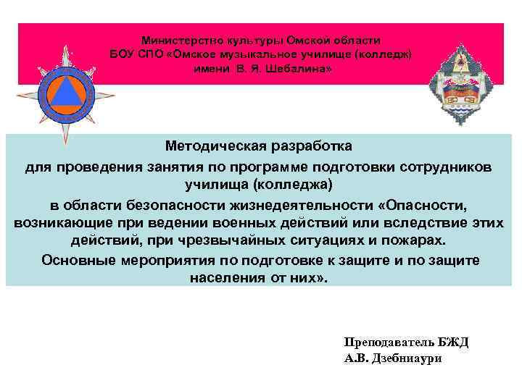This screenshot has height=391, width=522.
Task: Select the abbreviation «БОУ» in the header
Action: coord(123,55)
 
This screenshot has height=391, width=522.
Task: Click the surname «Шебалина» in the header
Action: coord(303,69)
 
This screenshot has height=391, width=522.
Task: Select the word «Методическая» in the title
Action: coord(211,147)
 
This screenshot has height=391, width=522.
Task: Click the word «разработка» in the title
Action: coord(313,147)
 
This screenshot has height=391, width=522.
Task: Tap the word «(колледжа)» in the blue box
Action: coord(296,185)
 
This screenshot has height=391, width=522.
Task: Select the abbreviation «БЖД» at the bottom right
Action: coord(453,342)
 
